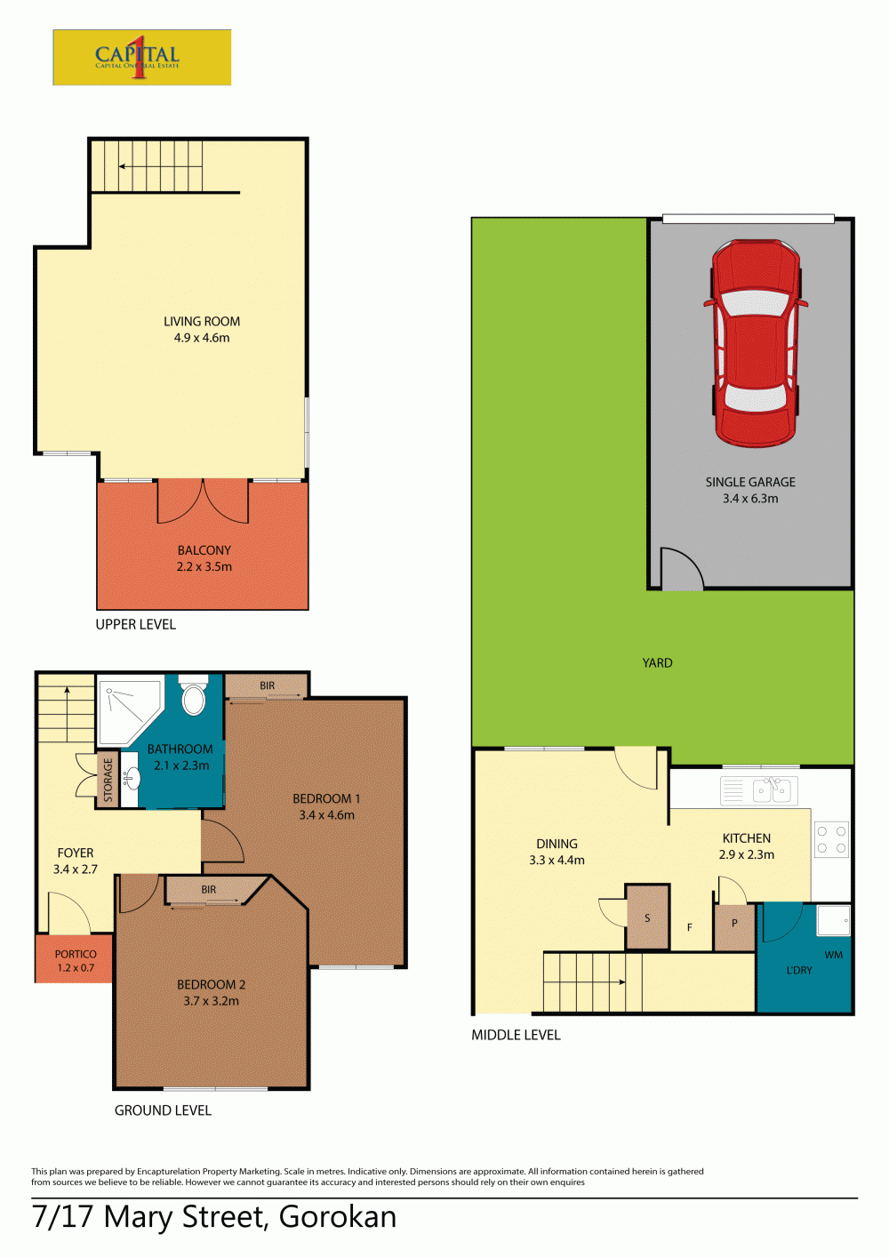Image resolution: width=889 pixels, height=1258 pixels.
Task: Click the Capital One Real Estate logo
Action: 142,57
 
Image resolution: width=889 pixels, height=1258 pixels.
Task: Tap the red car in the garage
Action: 756,344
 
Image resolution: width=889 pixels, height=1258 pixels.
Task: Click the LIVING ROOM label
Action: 202,321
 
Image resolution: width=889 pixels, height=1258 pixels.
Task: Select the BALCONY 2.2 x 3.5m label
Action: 204,558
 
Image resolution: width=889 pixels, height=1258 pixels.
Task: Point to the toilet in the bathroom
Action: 194,695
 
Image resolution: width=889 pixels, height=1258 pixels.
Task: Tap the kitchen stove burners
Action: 832,839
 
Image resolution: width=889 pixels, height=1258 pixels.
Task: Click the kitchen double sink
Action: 775,790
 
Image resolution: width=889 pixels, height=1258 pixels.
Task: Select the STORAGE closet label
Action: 108,780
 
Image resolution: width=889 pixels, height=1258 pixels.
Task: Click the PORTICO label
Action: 76,954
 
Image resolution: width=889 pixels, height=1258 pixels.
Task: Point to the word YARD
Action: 657,662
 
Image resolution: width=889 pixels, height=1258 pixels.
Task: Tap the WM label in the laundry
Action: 833,955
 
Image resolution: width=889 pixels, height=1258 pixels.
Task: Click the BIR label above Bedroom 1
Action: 268,685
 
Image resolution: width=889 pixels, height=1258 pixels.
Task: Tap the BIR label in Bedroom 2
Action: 208,890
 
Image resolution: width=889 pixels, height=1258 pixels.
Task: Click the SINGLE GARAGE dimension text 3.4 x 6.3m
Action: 750,498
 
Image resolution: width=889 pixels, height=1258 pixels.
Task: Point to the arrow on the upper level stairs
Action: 160,166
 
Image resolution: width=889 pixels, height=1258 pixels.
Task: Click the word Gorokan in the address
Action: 338,1217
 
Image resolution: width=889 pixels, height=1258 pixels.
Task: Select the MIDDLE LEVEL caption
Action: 516,1035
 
